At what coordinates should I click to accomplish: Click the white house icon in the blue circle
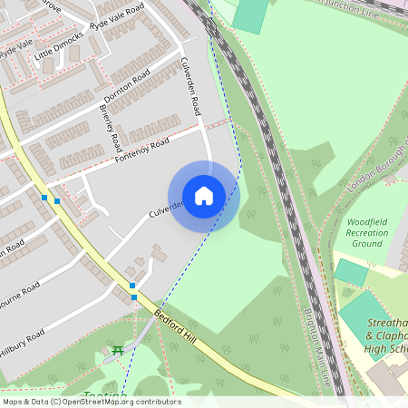(x=204, y=195)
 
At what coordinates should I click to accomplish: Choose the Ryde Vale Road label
(x=118, y=18)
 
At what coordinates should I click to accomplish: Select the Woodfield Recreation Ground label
(x=367, y=232)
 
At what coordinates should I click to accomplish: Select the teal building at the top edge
(x=251, y=15)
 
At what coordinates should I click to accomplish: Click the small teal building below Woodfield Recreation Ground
(x=351, y=271)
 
